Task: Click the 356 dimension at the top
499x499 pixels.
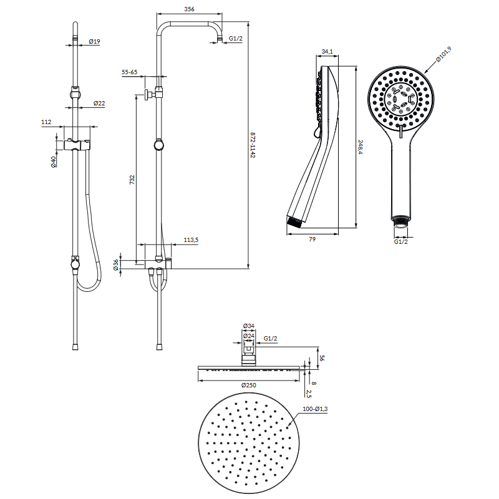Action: [189, 9]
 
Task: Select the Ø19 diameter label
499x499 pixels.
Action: [95, 41]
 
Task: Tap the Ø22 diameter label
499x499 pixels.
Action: [99, 103]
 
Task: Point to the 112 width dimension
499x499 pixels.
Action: [46, 122]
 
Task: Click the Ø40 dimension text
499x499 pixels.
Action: [54, 162]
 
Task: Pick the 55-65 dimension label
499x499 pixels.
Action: [129, 72]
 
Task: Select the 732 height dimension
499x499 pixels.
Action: [132, 180]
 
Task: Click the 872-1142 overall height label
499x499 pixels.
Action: [253, 145]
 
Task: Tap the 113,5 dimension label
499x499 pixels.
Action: [191, 240]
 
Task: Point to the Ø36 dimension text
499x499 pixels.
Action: [116, 265]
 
